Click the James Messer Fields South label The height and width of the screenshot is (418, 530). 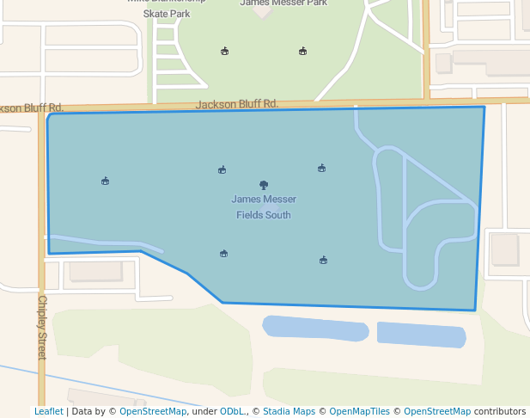[x=264, y=206]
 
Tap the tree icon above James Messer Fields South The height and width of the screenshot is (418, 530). [x=264, y=184]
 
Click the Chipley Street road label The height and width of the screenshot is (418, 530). [x=42, y=327]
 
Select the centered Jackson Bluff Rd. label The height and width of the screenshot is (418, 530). [x=237, y=104]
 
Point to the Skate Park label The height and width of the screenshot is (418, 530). [x=167, y=14]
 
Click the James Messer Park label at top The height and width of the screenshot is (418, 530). [x=283, y=3]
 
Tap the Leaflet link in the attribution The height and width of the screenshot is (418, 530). [x=48, y=411]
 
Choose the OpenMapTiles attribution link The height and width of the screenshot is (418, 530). [x=359, y=411]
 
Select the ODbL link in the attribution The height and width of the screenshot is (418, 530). [x=232, y=411]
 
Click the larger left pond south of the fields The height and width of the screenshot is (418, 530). [x=315, y=328]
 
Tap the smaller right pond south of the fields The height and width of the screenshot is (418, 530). [x=421, y=334]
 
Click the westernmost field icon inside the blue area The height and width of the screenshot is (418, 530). [x=105, y=181]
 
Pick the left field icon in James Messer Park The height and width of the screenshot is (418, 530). [x=225, y=51]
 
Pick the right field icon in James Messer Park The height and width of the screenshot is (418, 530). [x=302, y=51]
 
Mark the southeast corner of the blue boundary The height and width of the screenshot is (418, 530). [x=474, y=310]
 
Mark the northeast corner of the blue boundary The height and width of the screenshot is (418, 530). [x=484, y=107]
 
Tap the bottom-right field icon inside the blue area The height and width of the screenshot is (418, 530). [x=323, y=260]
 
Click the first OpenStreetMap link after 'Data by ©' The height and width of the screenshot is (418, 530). [x=153, y=411]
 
